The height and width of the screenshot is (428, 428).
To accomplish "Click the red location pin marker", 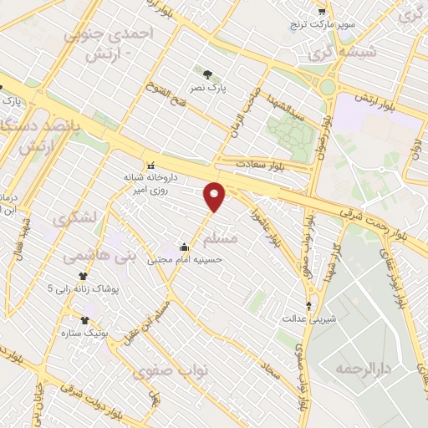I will pyautogui.click(x=216, y=196).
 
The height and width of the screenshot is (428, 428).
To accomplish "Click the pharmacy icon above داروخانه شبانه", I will pyautogui.click(x=151, y=165).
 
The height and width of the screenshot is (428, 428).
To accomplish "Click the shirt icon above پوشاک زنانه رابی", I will pyautogui.click(x=82, y=275).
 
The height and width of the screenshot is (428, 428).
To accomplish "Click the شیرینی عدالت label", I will pyautogui.click(x=311, y=318).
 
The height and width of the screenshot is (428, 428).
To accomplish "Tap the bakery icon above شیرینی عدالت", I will pyautogui.click(x=311, y=305).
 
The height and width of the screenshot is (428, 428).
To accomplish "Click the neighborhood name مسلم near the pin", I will pyautogui.click(x=244, y=239).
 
